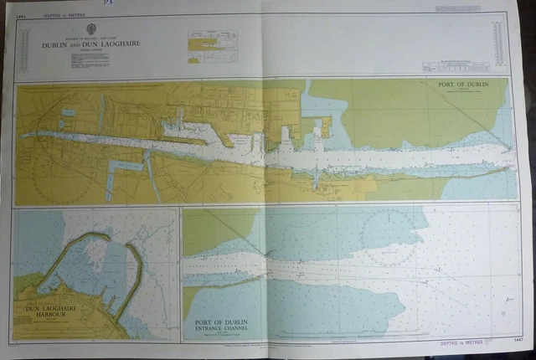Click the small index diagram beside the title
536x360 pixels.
tap(212, 47)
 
